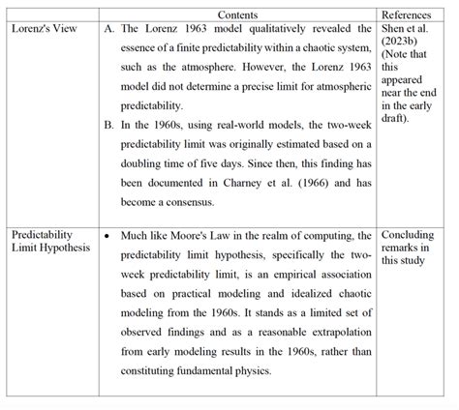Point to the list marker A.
click(108, 30)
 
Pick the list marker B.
click(108, 125)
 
